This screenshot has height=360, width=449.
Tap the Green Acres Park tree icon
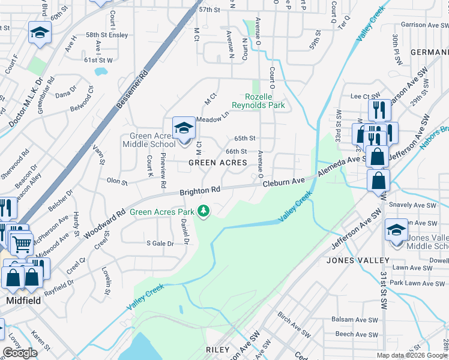click(204, 211)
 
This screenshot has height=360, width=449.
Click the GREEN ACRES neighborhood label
click(218, 163)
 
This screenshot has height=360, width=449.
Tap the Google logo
click(20, 353)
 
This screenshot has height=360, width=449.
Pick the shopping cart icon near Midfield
click(22, 244)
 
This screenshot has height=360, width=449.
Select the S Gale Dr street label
click(160, 244)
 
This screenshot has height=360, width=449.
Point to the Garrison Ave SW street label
click(422, 25)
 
